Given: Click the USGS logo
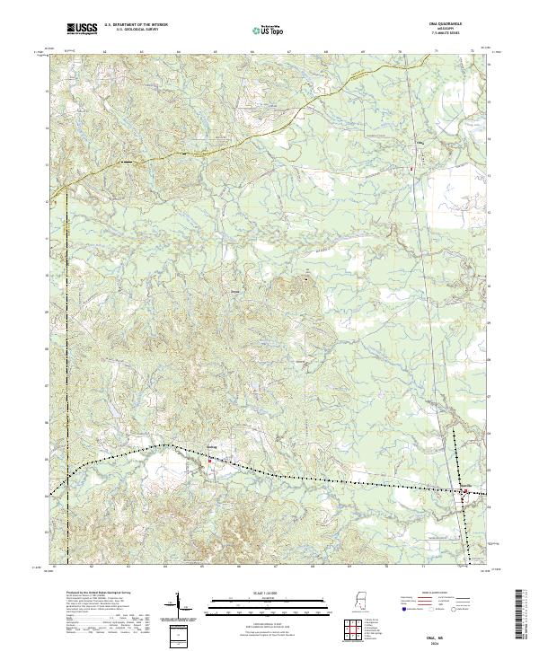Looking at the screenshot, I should click(83, 29).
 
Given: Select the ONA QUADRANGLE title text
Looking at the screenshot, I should click(456, 25).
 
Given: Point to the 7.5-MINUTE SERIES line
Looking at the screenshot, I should click(456, 34).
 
